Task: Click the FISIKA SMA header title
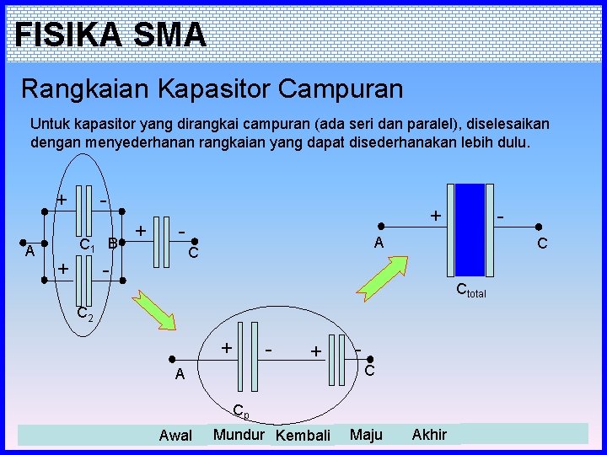click(110, 35)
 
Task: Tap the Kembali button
click(303, 436)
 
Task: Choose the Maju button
click(366, 435)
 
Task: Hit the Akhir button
click(429, 435)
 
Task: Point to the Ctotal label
click(470, 292)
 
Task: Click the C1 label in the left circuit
click(86, 244)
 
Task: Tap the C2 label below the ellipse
click(84, 313)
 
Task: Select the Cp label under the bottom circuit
click(240, 412)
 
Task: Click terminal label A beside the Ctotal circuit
click(379, 243)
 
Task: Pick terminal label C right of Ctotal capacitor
click(542, 244)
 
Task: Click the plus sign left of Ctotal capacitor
click(435, 216)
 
